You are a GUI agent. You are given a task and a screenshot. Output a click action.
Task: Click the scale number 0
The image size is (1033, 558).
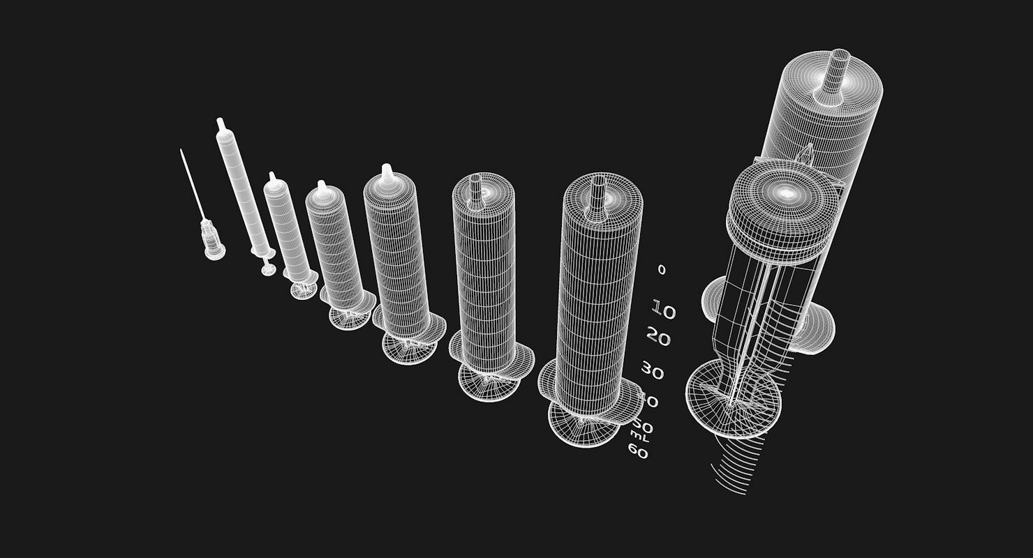coord(662,270)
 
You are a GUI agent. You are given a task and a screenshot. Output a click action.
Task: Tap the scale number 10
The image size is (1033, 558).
coord(664,310)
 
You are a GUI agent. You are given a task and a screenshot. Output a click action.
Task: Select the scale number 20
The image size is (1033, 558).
coord(658,339)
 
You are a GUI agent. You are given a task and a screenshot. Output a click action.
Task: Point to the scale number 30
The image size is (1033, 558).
coord(652,372)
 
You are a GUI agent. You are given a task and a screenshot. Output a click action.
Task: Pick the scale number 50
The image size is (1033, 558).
coord(642,425)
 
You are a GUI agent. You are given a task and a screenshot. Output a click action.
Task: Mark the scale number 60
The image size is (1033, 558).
coord(637,452)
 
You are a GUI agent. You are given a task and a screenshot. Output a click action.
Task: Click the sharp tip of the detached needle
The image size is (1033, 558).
coord(181,151)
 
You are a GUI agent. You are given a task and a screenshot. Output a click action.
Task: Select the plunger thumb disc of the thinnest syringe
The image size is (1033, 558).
coord(268,269)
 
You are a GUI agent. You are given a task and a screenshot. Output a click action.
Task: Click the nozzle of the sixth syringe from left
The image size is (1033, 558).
coord(477,187)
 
